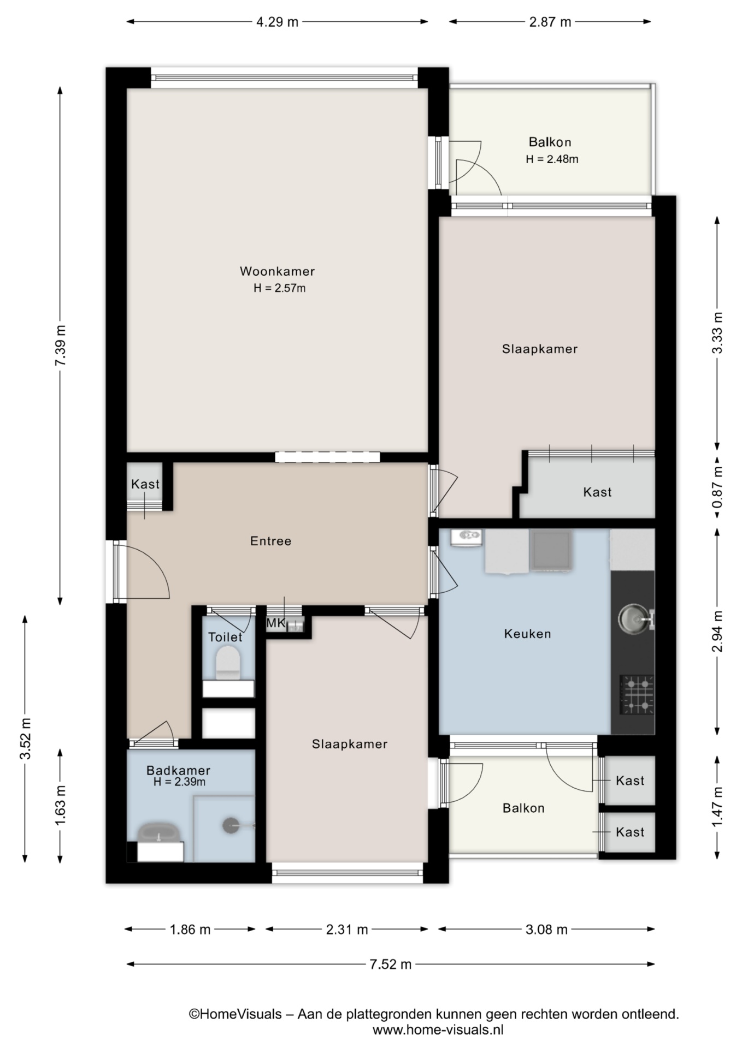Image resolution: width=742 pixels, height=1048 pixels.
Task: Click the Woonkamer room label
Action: point(277,271)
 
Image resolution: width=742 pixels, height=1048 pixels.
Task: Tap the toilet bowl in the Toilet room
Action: point(227,662)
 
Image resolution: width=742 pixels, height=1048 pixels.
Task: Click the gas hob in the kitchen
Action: point(637,695)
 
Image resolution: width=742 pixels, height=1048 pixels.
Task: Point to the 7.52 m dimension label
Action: point(390,964)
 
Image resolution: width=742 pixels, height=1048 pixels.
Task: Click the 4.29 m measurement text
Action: point(277,22)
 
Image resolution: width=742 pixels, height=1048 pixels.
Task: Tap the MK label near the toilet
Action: point(275,623)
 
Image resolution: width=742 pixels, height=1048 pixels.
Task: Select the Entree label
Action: point(270,541)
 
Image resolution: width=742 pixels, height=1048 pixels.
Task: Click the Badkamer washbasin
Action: point(160,835)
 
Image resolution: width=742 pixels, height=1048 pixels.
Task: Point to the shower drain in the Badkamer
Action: point(231,825)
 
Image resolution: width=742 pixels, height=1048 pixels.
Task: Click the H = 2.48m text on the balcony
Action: point(552,159)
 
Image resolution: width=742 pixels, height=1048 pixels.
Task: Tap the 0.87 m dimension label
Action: point(717,486)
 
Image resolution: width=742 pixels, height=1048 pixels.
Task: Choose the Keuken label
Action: point(527,634)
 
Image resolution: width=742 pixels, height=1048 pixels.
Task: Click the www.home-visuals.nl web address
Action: point(438,1030)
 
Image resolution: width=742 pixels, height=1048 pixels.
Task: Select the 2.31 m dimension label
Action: point(347,930)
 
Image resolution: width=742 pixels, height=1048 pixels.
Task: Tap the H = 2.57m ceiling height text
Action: point(279,288)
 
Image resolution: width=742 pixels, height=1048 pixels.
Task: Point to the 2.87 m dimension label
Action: point(550,22)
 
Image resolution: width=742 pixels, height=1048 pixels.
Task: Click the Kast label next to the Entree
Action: point(145,484)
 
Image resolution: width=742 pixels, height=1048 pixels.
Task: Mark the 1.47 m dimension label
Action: point(717,807)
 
